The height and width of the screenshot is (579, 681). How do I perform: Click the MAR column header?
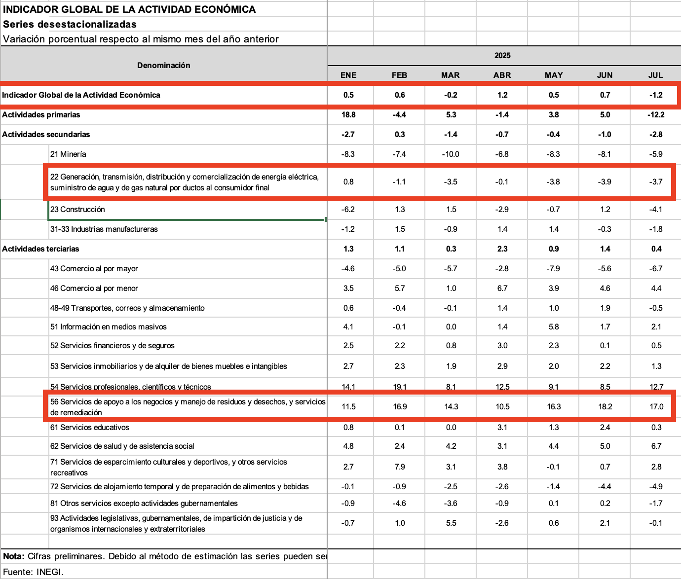pyautogui.click(x=450, y=75)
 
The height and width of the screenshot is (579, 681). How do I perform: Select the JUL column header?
pyautogui.click(x=655, y=75)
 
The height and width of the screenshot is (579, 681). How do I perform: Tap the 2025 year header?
pyautogui.click(x=502, y=56)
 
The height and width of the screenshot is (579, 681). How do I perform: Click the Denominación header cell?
pyautogui.click(x=163, y=65)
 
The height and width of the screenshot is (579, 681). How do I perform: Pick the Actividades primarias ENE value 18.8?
pyautogui.click(x=348, y=114)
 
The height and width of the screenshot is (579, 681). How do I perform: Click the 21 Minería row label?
pyautogui.click(x=68, y=154)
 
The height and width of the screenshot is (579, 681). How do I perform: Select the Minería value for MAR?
pyautogui.click(x=451, y=154)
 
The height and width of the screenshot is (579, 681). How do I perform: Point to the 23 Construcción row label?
pyautogui.click(x=77, y=209)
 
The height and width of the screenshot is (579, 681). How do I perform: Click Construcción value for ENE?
pyautogui.click(x=348, y=209)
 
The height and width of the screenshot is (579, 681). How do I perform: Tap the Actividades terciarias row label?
pyautogui.click(x=40, y=249)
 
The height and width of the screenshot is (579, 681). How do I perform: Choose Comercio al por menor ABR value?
pyautogui.click(x=502, y=288)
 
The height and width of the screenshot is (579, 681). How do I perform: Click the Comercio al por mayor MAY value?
pyautogui.click(x=554, y=268)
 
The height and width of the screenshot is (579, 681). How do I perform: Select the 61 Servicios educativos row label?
pyautogui.click(x=89, y=427)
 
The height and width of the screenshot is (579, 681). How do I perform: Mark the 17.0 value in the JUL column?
pyautogui.click(x=656, y=406)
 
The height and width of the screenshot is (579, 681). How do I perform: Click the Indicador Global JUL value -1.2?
pyautogui.click(x=656, y=95)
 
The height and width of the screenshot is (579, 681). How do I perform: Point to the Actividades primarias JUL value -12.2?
pyautogui.click(x=656, y=114)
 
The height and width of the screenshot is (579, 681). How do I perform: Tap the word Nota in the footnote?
pyautogui.click(x=13, y=556)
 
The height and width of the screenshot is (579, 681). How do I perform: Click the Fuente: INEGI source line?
pyautogui.click(x=34, y=572)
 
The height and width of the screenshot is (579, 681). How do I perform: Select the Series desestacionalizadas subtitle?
pyautogui.click(x=70, y=24)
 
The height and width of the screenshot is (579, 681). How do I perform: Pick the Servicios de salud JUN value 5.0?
pyautogui.click(x=605, y=446)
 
